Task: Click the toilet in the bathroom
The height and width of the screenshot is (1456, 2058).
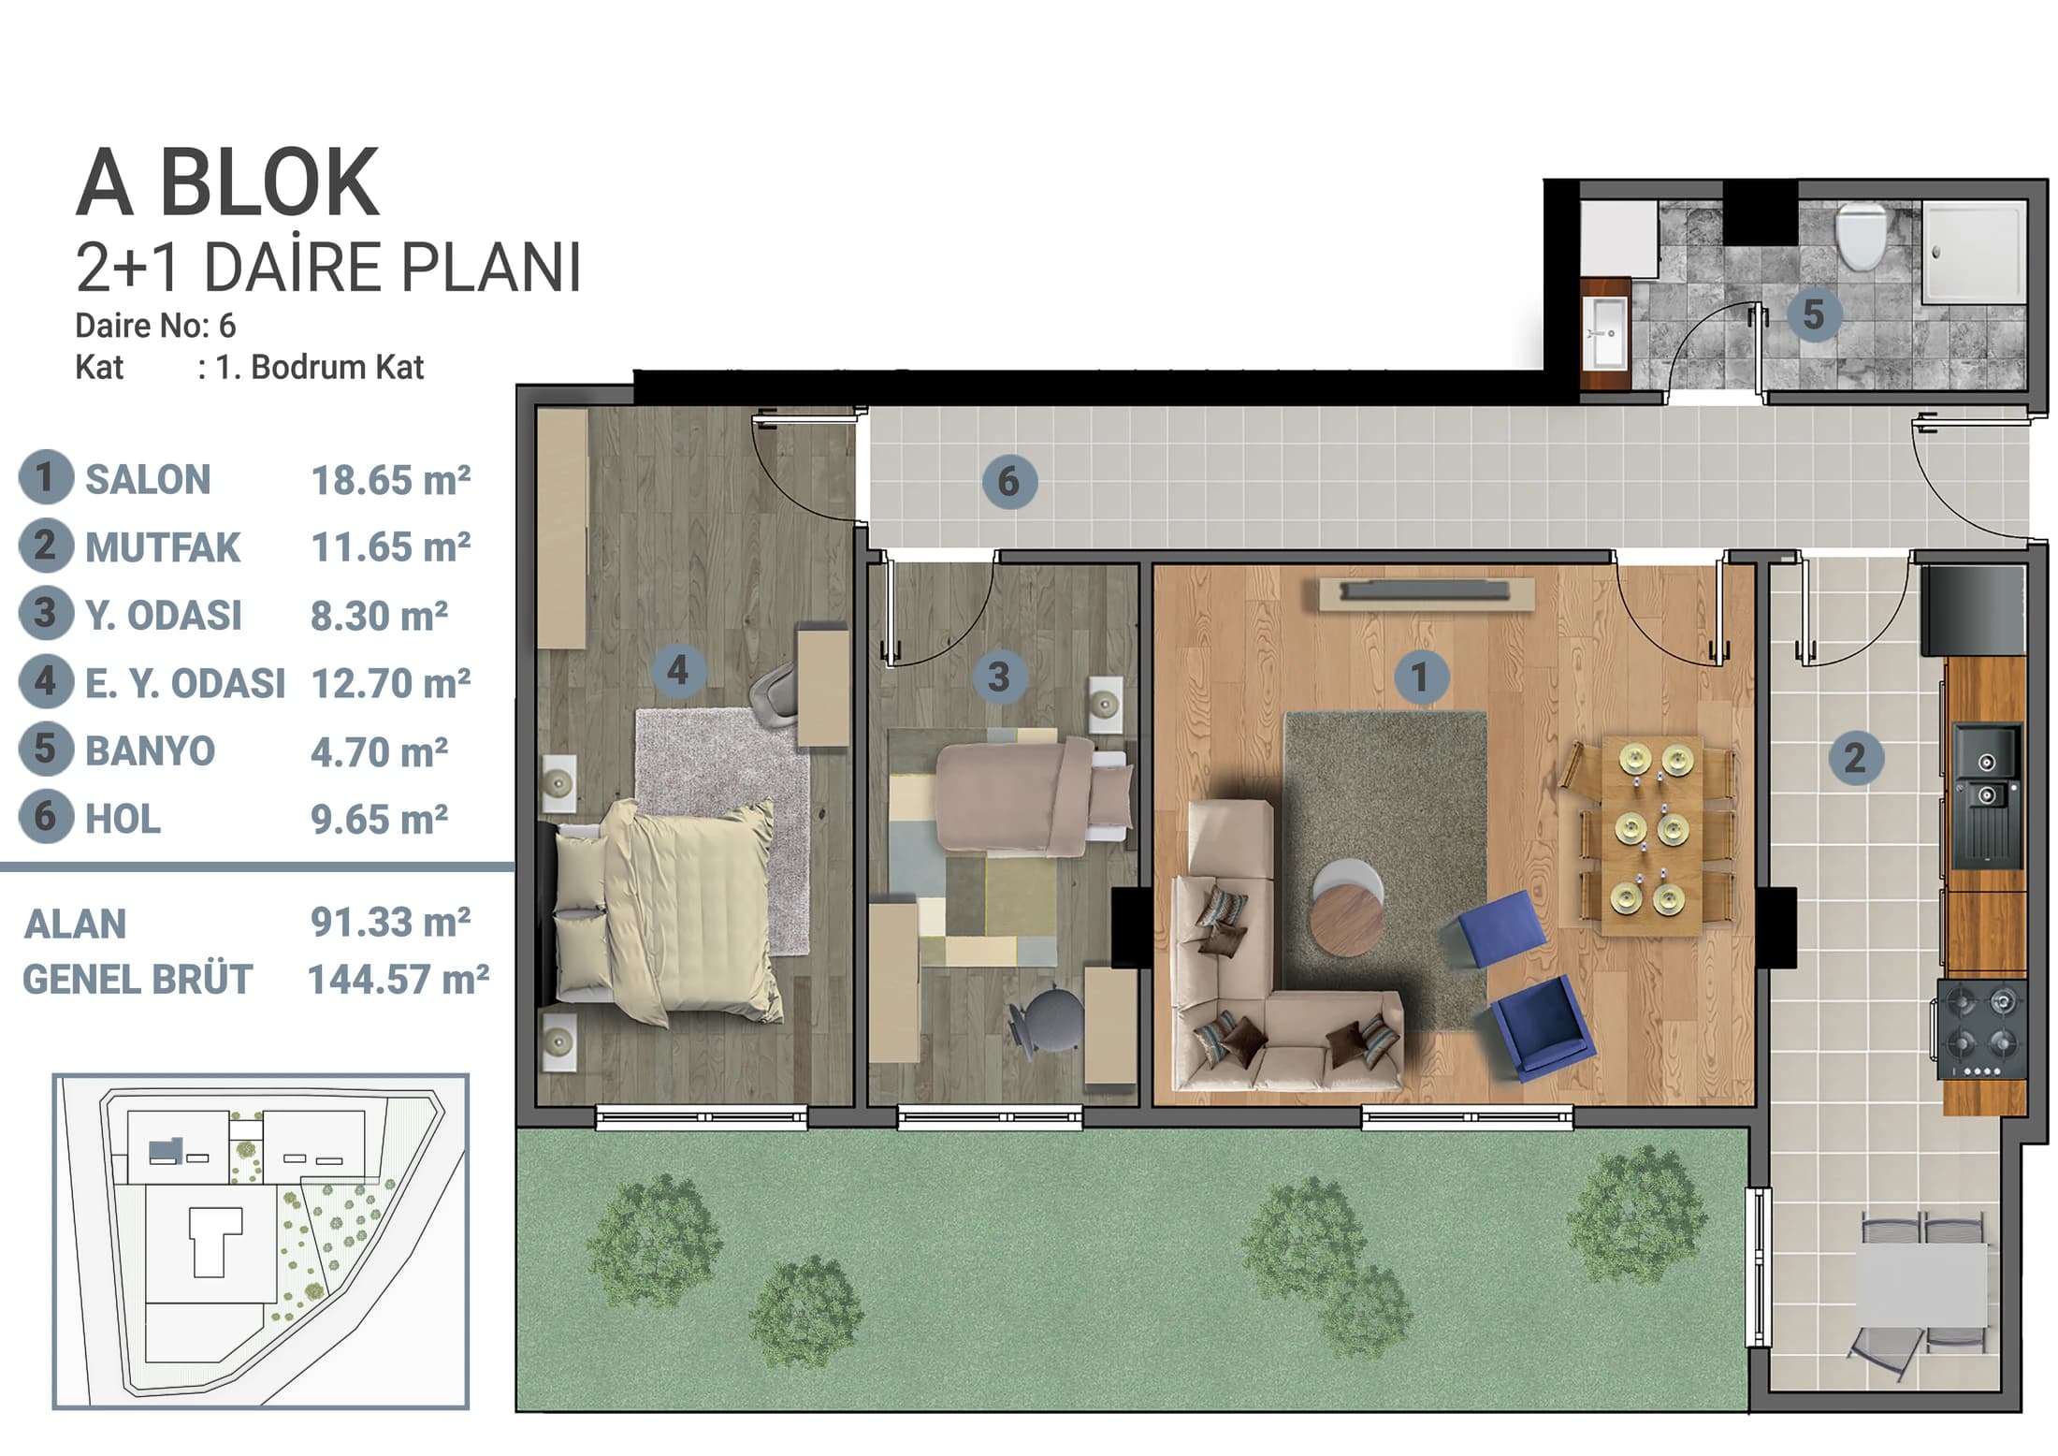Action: click(x=1860, y=236)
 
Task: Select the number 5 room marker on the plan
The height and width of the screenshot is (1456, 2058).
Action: click(x=1813, y=313)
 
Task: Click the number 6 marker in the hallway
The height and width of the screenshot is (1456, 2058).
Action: click(x=1008, y=481)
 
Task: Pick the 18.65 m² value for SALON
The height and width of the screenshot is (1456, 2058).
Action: click(x=390, y=480)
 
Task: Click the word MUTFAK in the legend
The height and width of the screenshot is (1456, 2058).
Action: click(x=163, y=547)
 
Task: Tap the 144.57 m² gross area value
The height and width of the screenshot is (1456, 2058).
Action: click(x=398, y=980)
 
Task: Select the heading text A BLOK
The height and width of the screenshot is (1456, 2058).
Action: click(x=227, y=182)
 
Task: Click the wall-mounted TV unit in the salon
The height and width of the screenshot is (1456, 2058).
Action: click(x=1426, y=593)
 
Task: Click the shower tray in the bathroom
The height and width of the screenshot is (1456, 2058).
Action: click(x=1973, y=252)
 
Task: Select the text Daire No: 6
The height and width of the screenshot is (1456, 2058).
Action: click(x=155, y=325)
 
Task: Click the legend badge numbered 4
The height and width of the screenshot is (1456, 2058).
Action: click(x=46, y=681)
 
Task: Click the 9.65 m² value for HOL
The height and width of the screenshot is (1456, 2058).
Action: click(x=379, y=820)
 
